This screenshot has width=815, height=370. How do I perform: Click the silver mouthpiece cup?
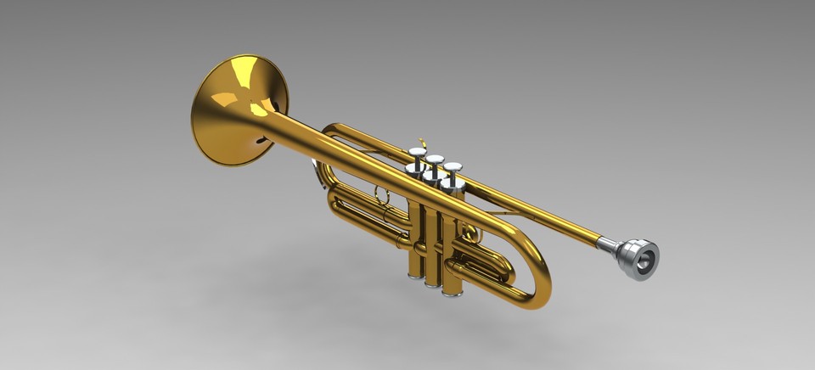tap(639, 258)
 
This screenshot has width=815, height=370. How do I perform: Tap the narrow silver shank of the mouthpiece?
tap(609, 245)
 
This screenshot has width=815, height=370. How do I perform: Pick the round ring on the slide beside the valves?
tap(384, 198)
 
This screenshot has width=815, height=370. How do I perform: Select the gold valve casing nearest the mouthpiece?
tap(452, 255)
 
